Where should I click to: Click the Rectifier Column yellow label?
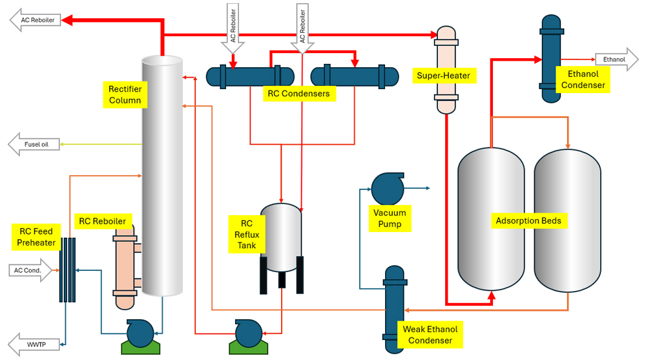125,94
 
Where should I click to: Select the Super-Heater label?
444,76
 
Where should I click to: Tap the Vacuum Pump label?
390,218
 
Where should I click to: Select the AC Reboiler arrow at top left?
36,20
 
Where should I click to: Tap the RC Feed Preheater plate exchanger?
67,270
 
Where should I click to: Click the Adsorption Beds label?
527,220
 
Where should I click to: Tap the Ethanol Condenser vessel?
550,58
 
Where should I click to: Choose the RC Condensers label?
298,94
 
